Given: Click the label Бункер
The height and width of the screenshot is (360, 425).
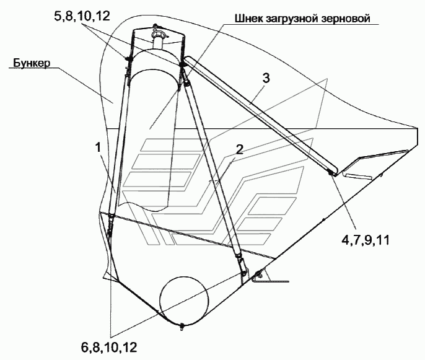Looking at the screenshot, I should point(28,63).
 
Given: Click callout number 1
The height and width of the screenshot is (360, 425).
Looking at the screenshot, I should point(99,147).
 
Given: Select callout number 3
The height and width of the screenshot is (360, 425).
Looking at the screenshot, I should point(265,77).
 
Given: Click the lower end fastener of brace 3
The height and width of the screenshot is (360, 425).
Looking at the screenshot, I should point(331,173).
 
